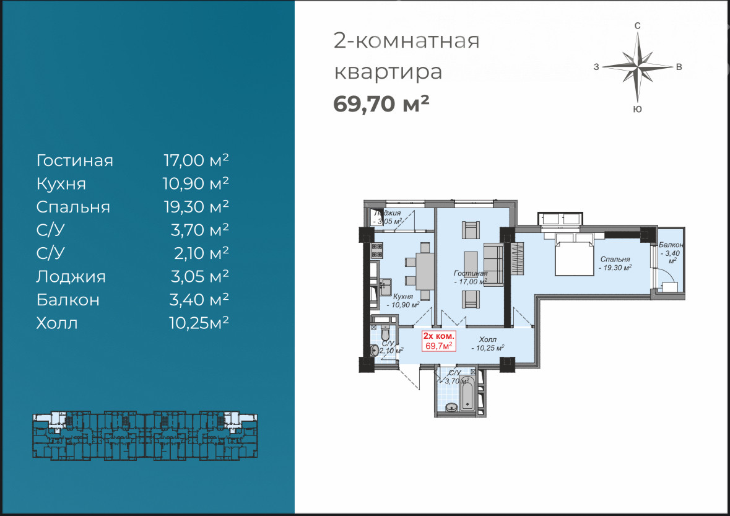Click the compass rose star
[x=638, y=67]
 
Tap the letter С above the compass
[x=638, y=25]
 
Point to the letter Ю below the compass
[x=638, y=109]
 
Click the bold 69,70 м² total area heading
[x=381, y=103]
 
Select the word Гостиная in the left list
[x=74, y=160]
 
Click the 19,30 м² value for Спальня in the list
[x=196, y=207]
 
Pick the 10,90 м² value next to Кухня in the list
[x=196, y=183]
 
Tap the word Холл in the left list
[x=57, y=323]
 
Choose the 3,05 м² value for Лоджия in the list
[x=199, y=277]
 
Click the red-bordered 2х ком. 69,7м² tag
[x=438, y=341]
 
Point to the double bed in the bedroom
[x=575, y=255]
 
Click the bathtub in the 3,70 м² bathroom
[x=467, y=393]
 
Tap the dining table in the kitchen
[x=425, y=271]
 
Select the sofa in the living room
[x=493, y=264]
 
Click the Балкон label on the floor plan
[x=671, y=245]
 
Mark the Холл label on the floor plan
[x=487, y=339]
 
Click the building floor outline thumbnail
[x=145, y=435]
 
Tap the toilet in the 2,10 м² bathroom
[x=385, y=333]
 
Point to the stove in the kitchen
[x=376, y=250]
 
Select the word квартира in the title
[x=388, y=72]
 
